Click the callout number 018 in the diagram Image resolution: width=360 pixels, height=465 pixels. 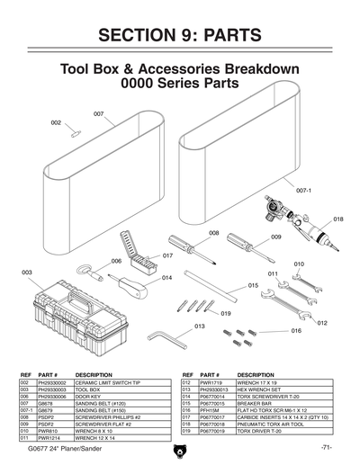(x=337, y=219)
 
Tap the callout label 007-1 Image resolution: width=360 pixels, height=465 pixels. (x=303, y=191)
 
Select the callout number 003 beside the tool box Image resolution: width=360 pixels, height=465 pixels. (x=26, y=271)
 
